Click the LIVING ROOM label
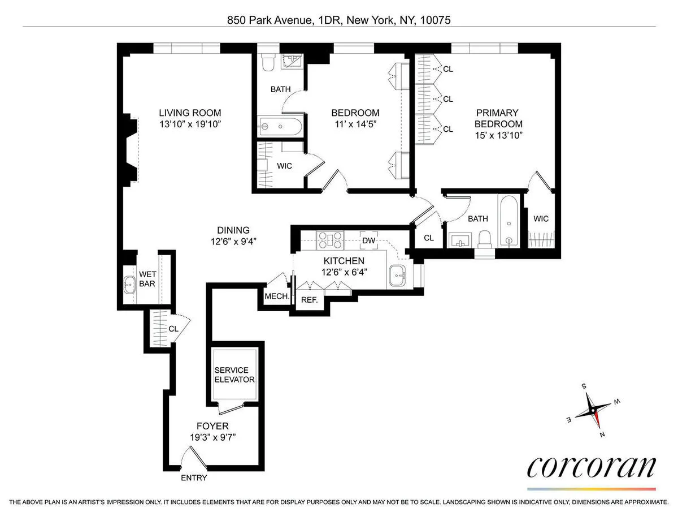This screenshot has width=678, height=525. tap(189, 113)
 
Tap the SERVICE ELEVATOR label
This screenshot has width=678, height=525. tap(234, 375)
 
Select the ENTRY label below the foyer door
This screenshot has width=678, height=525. tap(194, 478)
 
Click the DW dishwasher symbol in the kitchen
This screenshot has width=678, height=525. tap(369, 240)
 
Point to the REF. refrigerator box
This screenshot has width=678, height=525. tap(309, 300)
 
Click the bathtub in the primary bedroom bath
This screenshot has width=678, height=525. tap(509, 221)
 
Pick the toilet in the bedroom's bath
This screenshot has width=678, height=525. tap(267, 63)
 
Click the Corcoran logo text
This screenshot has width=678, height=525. tap(591, 468)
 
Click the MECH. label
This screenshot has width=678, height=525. tap(277, 296)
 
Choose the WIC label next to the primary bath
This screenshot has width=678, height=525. tap(541, 219)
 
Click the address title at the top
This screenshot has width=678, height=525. tap(338, 20)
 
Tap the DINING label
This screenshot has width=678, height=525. tap(233, 230)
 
